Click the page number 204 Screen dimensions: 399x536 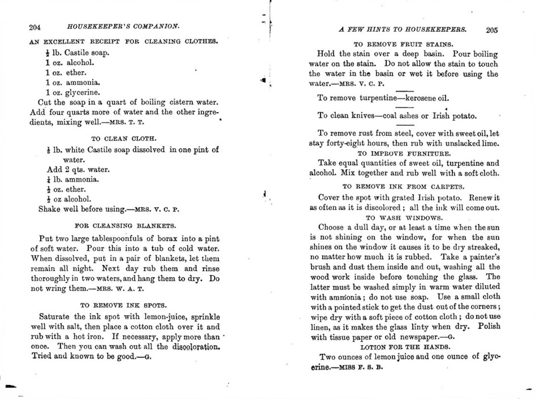pos(35,27)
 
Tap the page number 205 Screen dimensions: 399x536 pos(492,30)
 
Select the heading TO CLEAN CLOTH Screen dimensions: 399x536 pos(124,139)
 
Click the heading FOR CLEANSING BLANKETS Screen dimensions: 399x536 pos(125,226)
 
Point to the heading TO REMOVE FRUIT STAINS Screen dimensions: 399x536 pos(403,45)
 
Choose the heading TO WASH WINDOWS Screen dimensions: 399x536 pos(404,218)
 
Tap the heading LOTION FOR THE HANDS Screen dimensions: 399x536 pos(405,347)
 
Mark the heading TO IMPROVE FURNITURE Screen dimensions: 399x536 pos(404,154)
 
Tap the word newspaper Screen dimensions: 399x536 pos(419,337)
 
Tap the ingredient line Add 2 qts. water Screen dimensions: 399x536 pos(78,169)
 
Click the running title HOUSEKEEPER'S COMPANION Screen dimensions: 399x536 pos(123,26)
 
